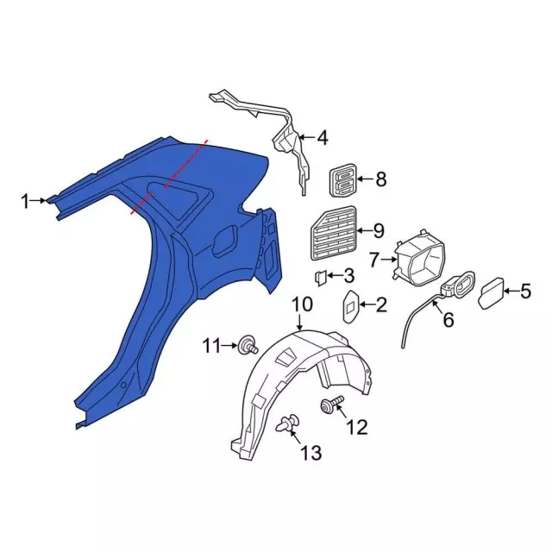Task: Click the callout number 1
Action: coord(26,202)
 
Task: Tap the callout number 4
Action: coord(323,137)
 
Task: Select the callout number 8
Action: coord(380,180)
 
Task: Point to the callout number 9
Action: coord(377,230)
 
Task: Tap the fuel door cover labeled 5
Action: coord(492,291)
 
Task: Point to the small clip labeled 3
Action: coord(317,277)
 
